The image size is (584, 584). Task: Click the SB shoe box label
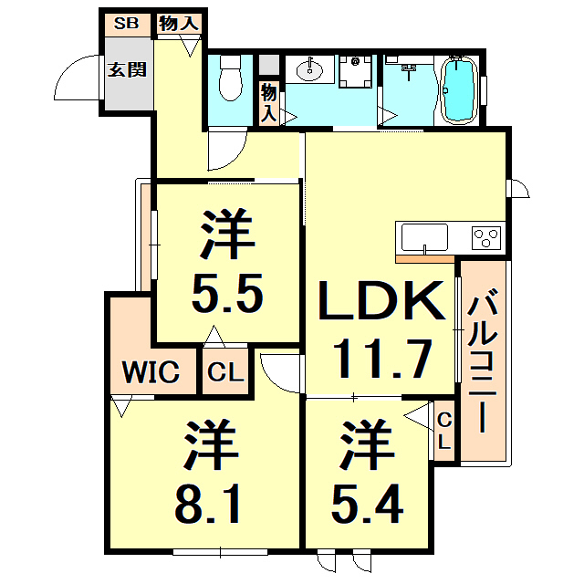click(x=126, y=23)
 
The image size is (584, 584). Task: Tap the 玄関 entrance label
click(x=126, y=68)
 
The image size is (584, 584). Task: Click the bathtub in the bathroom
click(x=457, y=89)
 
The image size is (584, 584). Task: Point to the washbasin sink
click(x=312, y=68)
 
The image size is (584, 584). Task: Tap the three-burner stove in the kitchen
click(x=486, y=237)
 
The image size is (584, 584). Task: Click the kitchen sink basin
click(x=425, y=236)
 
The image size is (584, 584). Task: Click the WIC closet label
click(x=152, y=372)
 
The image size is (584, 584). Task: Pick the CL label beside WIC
click(x=224, y=373)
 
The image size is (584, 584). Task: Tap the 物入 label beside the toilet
click(x=268, y=100)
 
